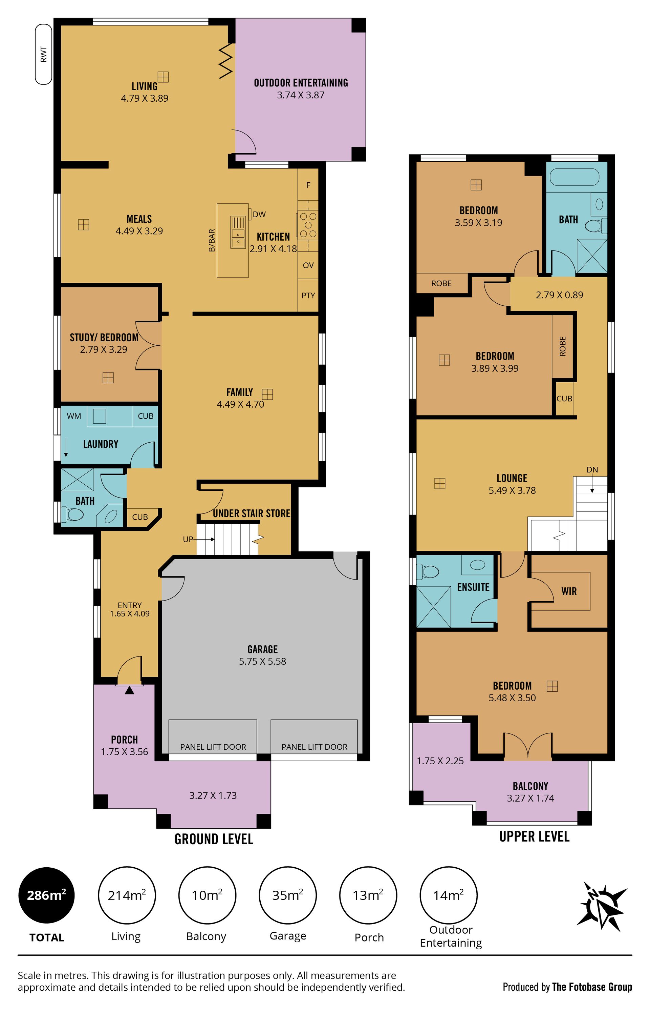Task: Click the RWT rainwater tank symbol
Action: point(43,54)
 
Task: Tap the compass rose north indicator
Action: point(602,906)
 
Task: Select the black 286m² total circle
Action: point(46,895)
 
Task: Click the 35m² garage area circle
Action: point(287,895)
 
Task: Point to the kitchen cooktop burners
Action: point(308,225)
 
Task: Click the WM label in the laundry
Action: point(74,416)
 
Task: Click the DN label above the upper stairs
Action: point(592,470)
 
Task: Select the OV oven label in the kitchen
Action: point(308,265)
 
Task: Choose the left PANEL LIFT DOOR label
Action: point(213,747)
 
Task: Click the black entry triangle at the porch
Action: point(130,690)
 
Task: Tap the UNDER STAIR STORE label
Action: point(252,513)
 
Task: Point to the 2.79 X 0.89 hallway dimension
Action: point(560,295)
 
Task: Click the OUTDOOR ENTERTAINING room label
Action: point(301,83)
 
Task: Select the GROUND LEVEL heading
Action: point(214,839)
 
